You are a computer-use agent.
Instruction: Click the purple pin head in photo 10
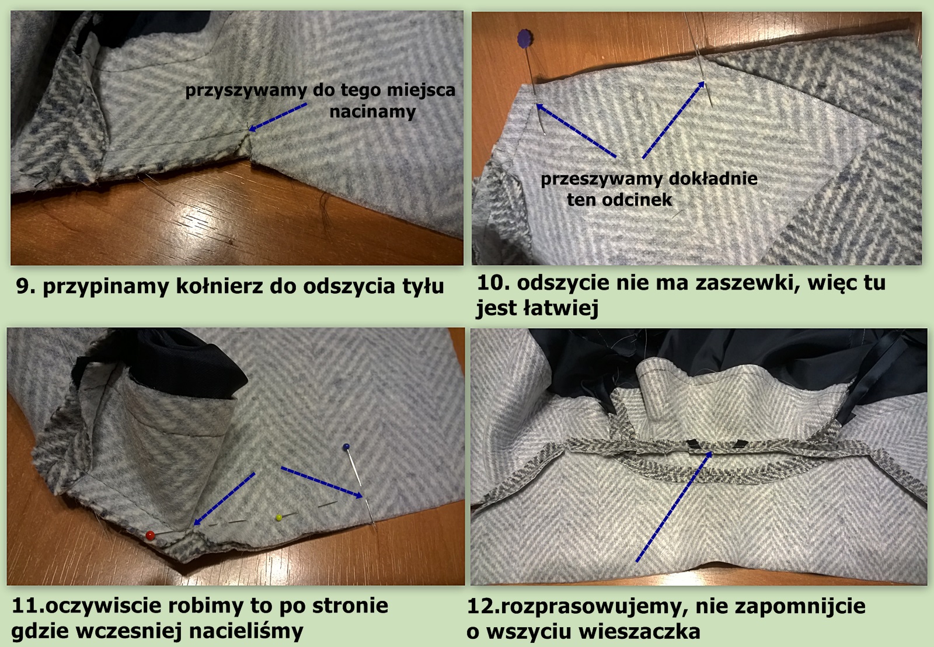(525, 38)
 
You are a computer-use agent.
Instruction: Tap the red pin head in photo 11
(150, 535)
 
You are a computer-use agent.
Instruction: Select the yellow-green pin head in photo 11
(279, 518)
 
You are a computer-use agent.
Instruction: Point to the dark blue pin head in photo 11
(346, 447)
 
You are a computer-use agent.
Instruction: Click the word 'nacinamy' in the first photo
(372, 112)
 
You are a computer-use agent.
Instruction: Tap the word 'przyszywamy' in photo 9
(246, 91)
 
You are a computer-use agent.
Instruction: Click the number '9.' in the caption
(26, 287)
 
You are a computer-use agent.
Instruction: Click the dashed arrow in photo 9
(278, 117)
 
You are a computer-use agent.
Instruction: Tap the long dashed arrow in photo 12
(674, 506)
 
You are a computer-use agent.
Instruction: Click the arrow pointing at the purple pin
(576, 130)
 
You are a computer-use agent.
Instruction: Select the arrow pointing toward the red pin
(224, 499)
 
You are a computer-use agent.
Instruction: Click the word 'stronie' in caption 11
(351, 606)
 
